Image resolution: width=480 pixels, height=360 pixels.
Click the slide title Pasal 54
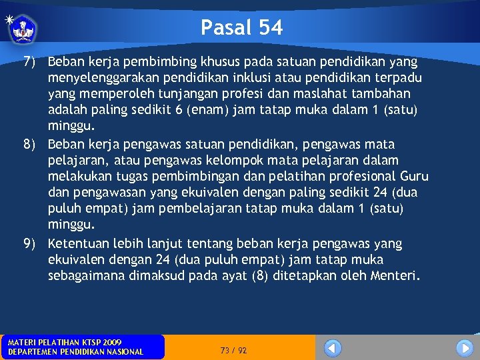click(241, 27)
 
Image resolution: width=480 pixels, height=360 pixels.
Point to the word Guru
click(413, 177)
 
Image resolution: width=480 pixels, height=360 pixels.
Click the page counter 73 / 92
click(233, 350)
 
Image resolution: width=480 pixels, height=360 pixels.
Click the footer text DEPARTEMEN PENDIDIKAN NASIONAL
click(75, 351)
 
